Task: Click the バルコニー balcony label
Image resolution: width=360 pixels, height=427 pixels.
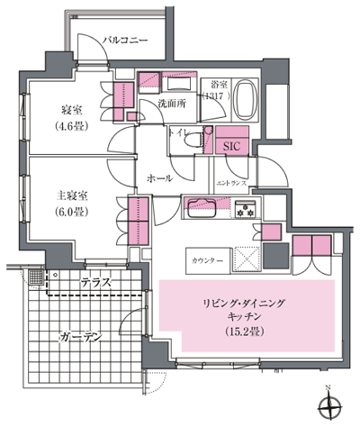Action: coord(124,40)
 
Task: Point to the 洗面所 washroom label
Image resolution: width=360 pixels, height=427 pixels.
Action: coord(171,104)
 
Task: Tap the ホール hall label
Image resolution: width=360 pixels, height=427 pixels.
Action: coord(159,179)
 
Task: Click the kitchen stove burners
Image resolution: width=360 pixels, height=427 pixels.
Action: coord(246,211)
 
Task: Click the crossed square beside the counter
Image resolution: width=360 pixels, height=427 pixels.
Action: coord(247,258)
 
